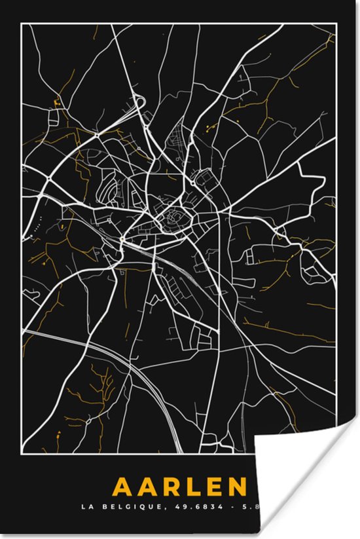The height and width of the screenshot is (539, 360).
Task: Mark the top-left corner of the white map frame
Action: tap(22, 24)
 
